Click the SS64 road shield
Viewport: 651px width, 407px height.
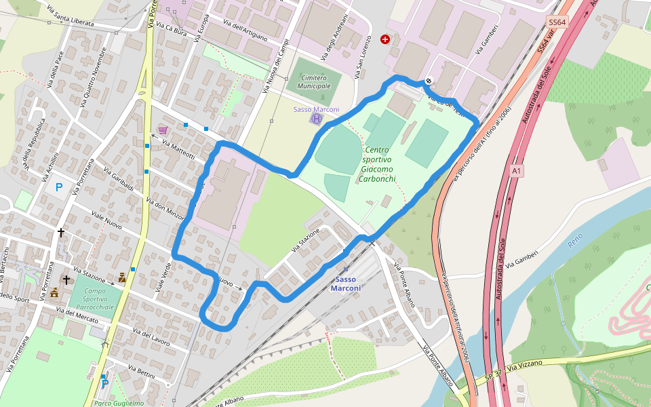(556, 22)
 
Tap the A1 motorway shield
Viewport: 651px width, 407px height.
(517, 171)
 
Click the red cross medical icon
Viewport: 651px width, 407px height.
(386, 40)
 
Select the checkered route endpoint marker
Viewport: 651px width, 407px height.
(429, 81)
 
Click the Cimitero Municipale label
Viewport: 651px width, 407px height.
(314, 82)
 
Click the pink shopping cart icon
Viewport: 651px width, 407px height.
(163, 130)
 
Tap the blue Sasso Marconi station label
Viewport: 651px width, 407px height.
(346, 284)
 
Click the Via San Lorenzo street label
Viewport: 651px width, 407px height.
(363, 55)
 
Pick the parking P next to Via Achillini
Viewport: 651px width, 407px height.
(59, 187)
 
